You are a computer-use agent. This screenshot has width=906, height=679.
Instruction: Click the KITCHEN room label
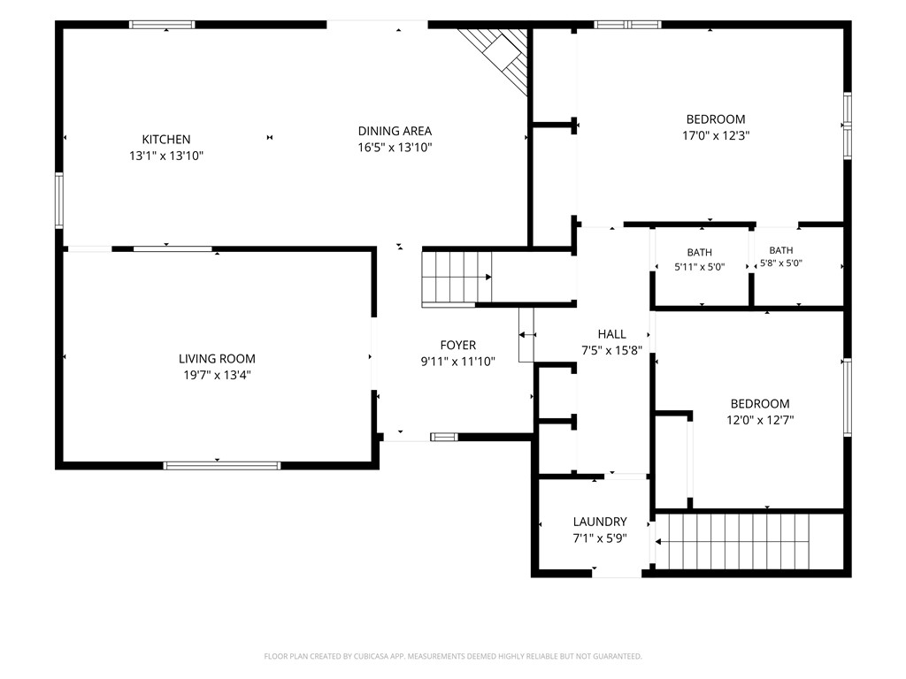pyautogui.click(x=165, y=139)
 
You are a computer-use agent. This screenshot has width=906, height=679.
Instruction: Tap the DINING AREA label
pyautogui.click(x=395, y=131)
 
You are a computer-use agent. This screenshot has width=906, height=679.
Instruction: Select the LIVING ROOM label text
pyautogui.click(x=217, y=359)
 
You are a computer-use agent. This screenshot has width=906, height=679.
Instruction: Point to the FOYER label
pyautogui.click(x=457, y=346)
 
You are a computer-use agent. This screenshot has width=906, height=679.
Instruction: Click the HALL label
pyautogui.click(x=611, y=333)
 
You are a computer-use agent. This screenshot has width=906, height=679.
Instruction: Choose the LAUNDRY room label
pyautogui.click(x=600, y=522)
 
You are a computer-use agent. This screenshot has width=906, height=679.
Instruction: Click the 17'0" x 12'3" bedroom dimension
pyautogui.click(x=715, y=135)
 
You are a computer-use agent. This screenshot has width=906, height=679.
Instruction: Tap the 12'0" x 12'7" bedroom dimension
pyautogui.click(x=760, y=420)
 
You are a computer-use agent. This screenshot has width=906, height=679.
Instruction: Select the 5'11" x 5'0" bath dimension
pyautogui.click(x=699, y=267)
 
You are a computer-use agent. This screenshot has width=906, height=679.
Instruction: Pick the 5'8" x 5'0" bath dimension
pyautogui.click(x=780, y=263)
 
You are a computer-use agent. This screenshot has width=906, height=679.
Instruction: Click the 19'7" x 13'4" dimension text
pyautogui.click(x=217, y=375)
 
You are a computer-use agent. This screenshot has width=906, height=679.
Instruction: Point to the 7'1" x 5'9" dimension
pyautogui.click(x=600, y=538)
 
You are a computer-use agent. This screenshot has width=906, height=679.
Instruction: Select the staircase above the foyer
pyautogui.click(x=457, y=277)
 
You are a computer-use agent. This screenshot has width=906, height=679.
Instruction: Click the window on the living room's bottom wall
pyautogui.click(x=221, y=465)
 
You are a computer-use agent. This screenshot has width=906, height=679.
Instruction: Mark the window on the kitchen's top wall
pyautogui.click(x=162, y=24)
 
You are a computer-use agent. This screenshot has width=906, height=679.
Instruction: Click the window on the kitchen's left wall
pyautogui.click(x=59, y=201)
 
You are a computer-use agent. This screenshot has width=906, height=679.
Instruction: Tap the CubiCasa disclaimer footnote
pyautogui.click(x=453, y=656)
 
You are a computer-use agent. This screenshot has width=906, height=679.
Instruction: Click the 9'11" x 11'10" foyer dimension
pyautogui.click(x=457, y=362)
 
